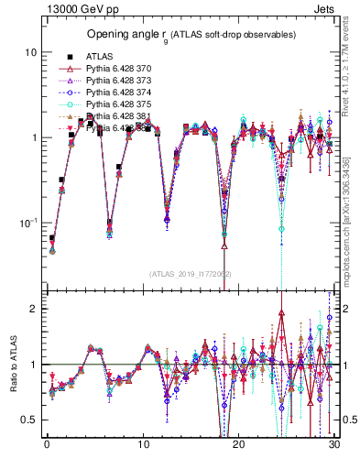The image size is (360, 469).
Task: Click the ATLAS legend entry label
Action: [99, 56]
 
